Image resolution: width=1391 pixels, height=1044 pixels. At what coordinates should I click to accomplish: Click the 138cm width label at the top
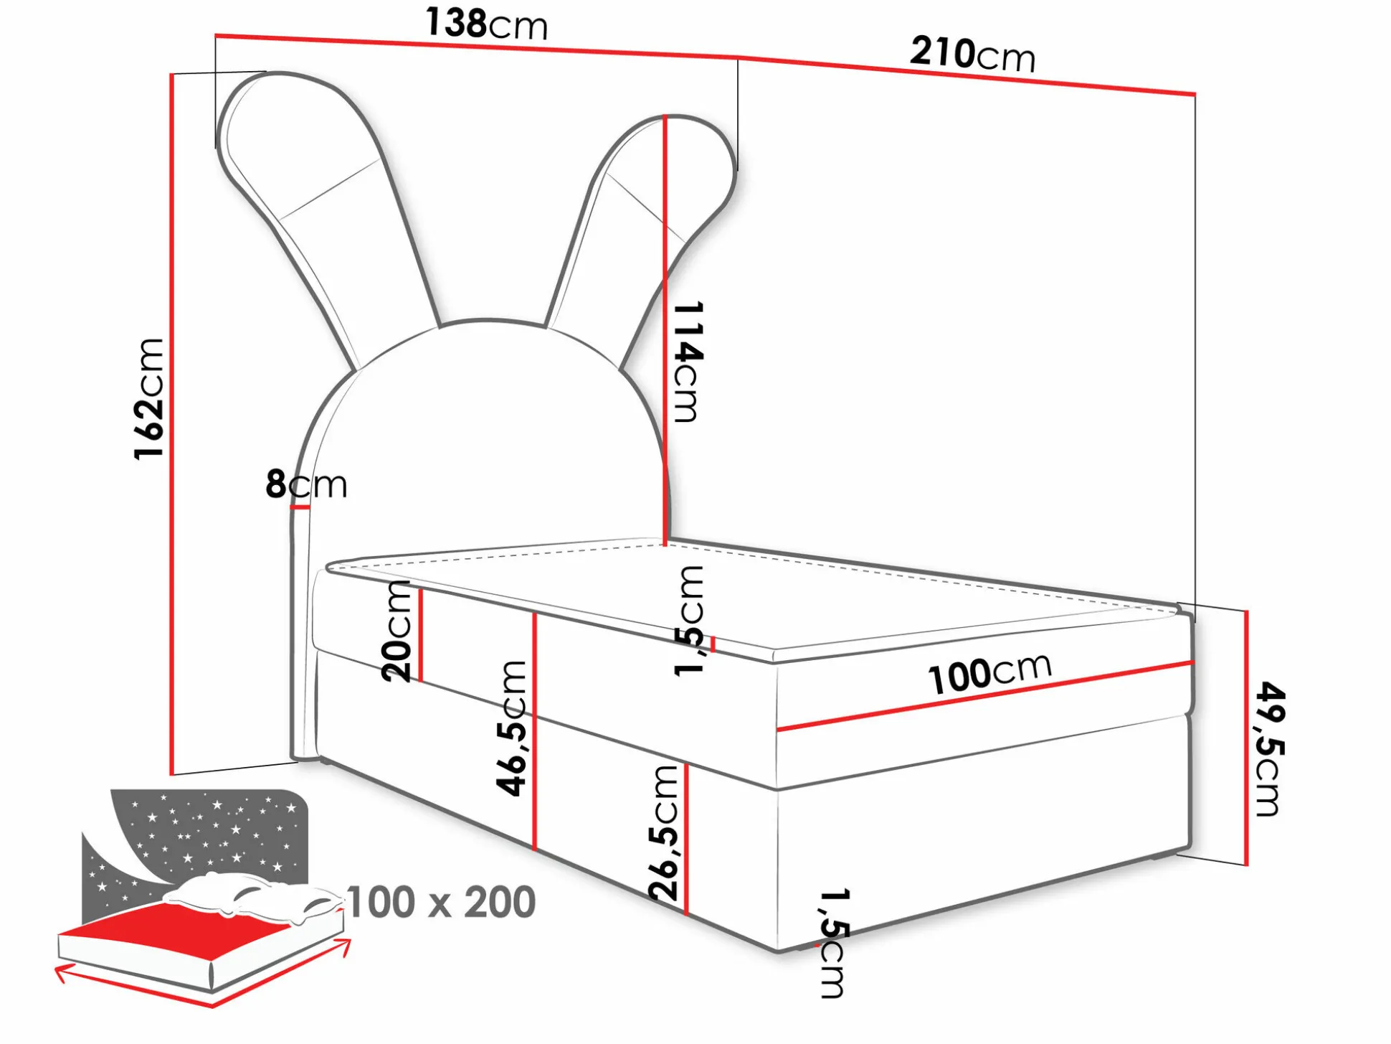[x=486, y=24]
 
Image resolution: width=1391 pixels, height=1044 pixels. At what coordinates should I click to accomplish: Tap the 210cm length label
[x=972, y=54]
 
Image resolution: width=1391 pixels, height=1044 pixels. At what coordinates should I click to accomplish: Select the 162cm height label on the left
[x=149, y=398]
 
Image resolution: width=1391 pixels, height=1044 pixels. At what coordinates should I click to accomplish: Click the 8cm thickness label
[x=306, y=484]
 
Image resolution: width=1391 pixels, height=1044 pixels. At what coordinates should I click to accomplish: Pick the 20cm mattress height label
[x=397, y=631]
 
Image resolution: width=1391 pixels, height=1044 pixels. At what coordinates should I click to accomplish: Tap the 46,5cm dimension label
[x=512, y=728]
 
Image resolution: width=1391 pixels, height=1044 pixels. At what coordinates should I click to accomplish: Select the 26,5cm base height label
[x=664, y=832]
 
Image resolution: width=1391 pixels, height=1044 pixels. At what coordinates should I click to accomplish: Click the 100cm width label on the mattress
[x=989, y=673]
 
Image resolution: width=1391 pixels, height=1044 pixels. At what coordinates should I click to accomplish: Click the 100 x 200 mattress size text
[x=441, y=902]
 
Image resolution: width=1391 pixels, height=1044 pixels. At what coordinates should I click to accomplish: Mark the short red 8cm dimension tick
[x=300, y=507]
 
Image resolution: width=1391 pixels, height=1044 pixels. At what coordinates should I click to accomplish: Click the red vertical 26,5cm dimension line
[x=686, y=840]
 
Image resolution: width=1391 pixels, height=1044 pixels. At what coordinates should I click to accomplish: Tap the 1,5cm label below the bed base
[x=833, y=943]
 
